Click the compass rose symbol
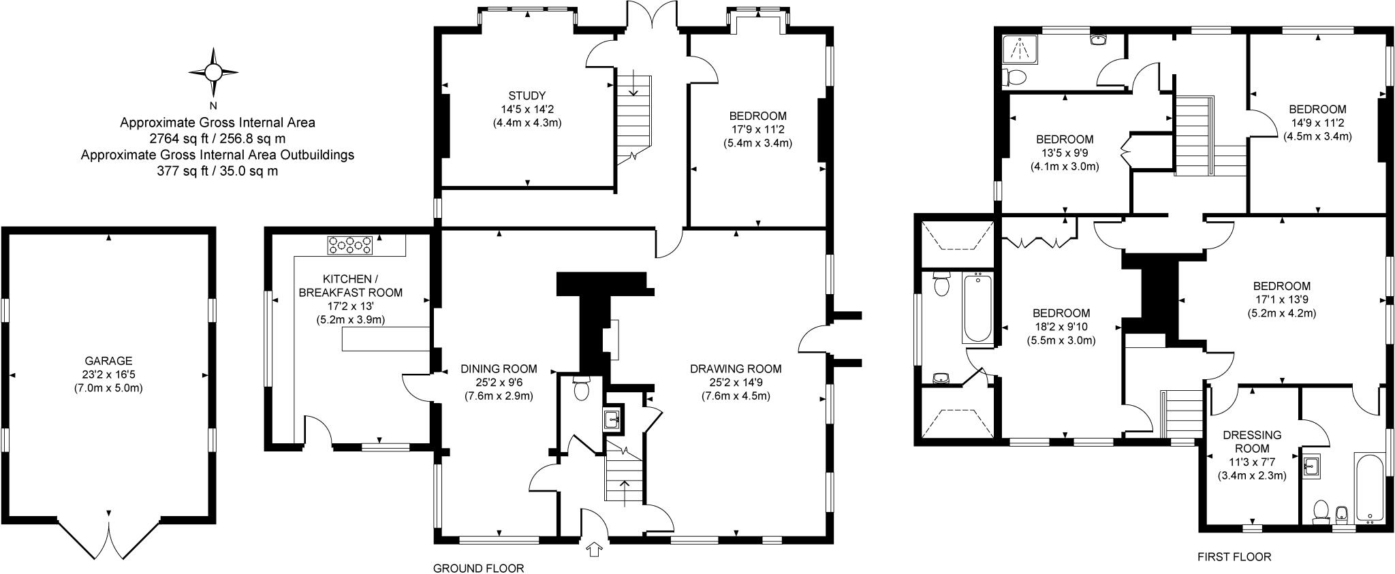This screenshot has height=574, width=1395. tap(213, 72)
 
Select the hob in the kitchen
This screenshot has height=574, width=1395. tap(349, 245)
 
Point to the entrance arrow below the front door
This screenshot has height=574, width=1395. tap(595, 549)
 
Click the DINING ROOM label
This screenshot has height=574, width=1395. tap(499, 369)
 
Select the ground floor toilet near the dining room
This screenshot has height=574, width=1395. tap(582, 390)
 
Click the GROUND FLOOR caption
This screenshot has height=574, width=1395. tap(479, 568)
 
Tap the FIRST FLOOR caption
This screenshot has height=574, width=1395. tap(1234, 557)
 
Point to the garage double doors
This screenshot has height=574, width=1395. tap(108, 538)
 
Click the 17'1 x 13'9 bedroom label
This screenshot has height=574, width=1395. tap(1281, 286)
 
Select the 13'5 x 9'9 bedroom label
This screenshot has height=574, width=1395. tap(1065, 140)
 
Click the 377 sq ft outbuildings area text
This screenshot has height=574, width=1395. tap(217, 171)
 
